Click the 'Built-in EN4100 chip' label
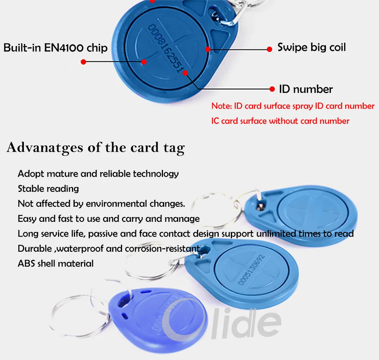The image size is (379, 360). click(x=55, y=48)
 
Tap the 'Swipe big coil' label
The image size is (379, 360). click(x=312, y=47)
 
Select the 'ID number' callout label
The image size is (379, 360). click(x=305, y=89)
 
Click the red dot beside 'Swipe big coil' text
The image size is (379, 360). click(x=269, y=49)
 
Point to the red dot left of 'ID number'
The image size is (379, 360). click(x=272, y=89)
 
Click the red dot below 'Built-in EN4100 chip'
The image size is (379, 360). click(x=84, y=61)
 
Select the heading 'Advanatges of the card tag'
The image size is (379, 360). click(x=96, y=147)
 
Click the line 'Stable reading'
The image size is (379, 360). click(x=48, y=189)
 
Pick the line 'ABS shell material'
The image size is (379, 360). click(x=55, y=263)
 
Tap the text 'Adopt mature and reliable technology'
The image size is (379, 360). click(x=98, y=174)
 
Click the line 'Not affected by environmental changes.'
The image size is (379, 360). click(x=101, y=204)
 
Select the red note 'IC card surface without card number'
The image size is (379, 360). click(x=280, y=121)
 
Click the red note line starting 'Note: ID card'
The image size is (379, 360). click(x=293, y=106)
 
